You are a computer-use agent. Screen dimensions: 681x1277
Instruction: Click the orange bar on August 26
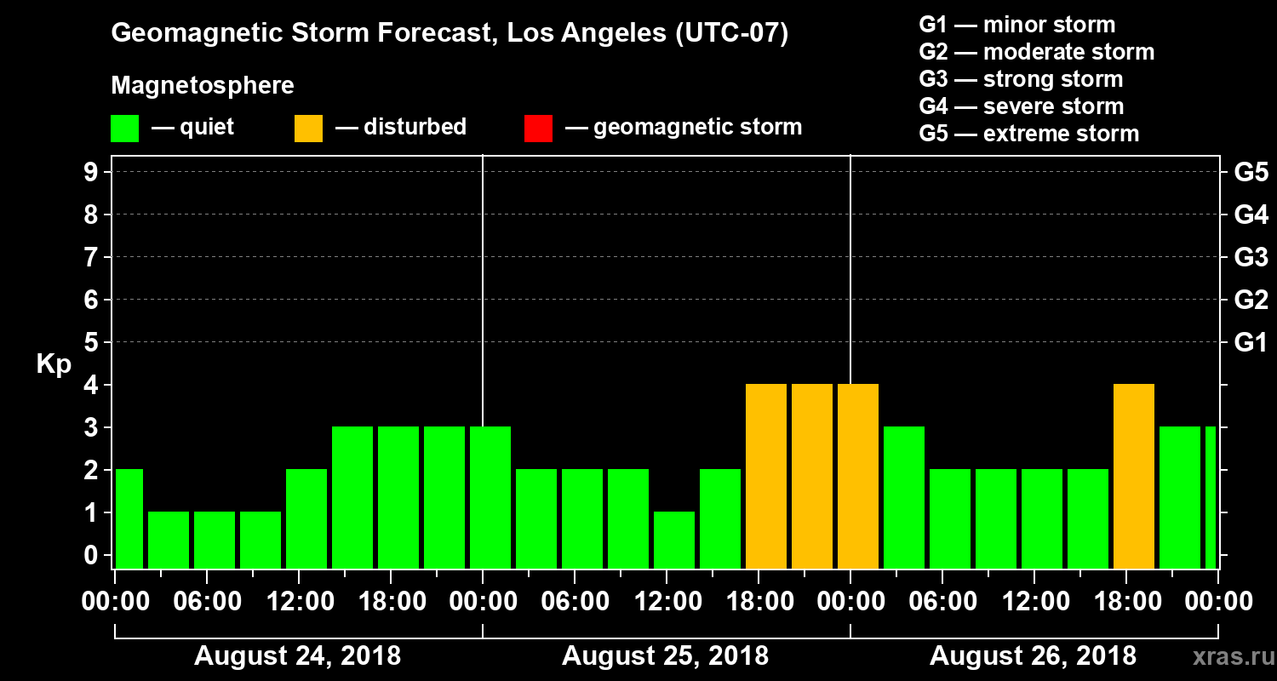[x=1133, y=477]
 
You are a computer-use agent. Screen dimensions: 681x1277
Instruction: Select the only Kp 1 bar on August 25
[x=674, y=540]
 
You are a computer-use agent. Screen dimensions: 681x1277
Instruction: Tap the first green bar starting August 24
[x=129, y=518]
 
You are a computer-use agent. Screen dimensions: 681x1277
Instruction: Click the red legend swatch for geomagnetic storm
[x=538, y=129]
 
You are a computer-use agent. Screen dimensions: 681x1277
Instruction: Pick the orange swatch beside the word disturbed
[x=308, y=129]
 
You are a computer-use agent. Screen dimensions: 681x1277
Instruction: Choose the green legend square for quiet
[x=124, y=129]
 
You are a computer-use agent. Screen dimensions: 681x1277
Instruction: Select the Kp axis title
[x=54, y=364]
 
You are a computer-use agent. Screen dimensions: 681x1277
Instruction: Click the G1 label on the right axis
[x=1251, y=342]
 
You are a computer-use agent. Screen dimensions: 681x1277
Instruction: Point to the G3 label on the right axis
[x=1251, y=257]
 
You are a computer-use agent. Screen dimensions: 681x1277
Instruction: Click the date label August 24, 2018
[x=298, y=656]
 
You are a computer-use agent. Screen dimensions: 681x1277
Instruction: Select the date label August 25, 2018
[x=666, y=656]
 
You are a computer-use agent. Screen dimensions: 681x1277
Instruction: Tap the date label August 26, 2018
[x=1033, y=656]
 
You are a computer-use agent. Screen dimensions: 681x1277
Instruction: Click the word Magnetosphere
[x=203, y=86]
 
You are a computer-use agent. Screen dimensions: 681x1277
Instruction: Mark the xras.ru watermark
[x=1227, y=656]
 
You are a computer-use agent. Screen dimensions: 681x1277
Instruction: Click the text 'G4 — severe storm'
[x=1022, y=106]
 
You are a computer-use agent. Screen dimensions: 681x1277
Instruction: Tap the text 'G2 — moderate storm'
[x=1037, y=52]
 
